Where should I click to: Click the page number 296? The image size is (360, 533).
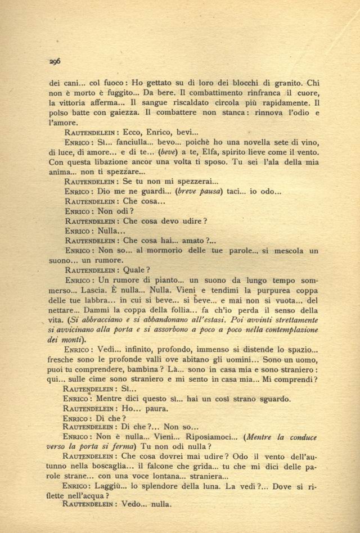coord(55,62)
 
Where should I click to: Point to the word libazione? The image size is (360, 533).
coord(107,163)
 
